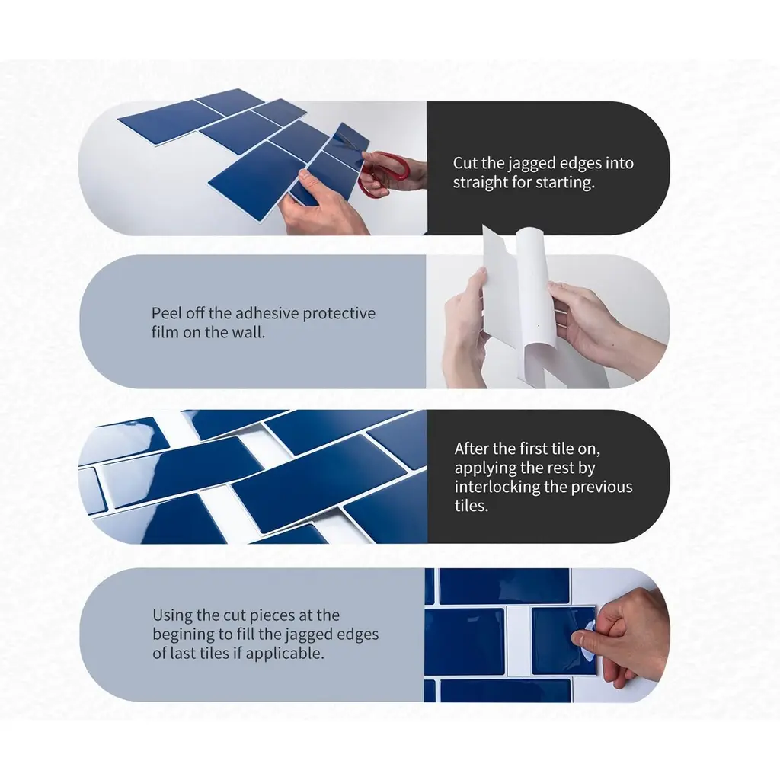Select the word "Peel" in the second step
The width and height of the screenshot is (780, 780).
[x=164, y=313]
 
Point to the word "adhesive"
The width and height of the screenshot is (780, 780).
[x=267, y=313]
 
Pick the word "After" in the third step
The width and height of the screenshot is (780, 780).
[x=470, y=449]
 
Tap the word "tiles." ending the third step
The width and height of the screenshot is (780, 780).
[x=471, y=506]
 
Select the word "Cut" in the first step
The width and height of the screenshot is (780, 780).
[x=465, y=163]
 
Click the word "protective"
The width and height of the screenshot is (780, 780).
[x=339, y=314]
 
